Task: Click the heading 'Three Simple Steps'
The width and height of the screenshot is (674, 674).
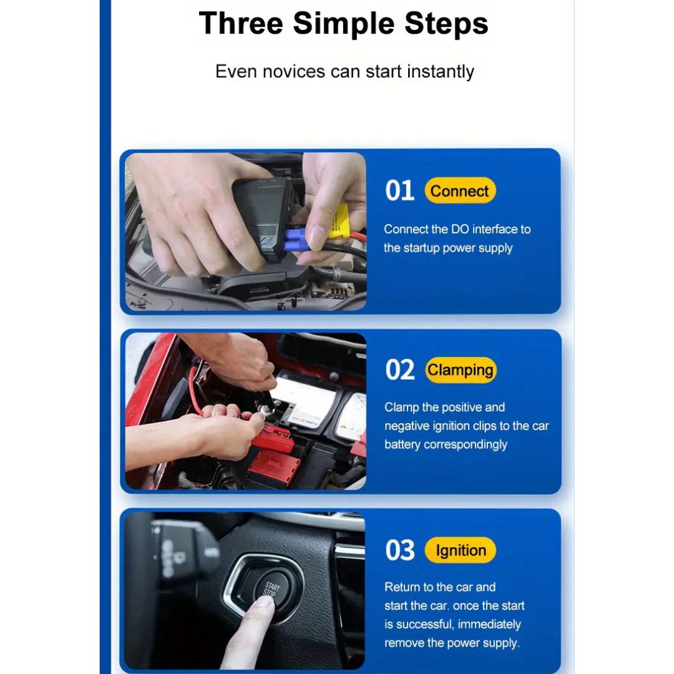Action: coord(343,23)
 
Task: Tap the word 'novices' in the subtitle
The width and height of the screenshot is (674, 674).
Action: coord(293,71)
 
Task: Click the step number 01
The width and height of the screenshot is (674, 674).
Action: coord(400,190)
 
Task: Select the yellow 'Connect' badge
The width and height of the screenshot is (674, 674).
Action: coord(460,190)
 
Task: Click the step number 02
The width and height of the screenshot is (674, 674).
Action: coord(400,369)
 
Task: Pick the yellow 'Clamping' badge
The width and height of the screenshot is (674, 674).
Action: coord(461,369)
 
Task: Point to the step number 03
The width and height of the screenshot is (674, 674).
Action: coord(400,550)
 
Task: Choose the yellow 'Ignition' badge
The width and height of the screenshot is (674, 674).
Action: coord(461,550)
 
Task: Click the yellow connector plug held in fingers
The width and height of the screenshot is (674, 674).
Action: coord(338,221)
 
